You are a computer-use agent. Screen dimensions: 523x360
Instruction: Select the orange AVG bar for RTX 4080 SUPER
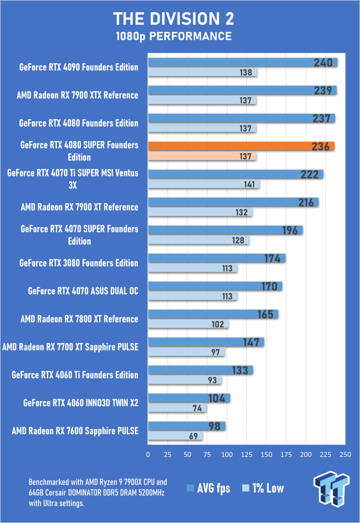241,146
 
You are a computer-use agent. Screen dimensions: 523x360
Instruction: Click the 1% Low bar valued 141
203,185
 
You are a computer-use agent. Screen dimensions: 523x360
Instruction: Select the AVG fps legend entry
208,488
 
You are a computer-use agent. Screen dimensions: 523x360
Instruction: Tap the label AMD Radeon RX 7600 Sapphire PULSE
75,431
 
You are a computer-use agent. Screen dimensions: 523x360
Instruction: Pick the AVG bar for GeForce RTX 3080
216,258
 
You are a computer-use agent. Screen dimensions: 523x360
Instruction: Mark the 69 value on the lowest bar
192,437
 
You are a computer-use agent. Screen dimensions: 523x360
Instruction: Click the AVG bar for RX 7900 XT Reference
233,202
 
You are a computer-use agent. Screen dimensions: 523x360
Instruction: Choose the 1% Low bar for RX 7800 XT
188,324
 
